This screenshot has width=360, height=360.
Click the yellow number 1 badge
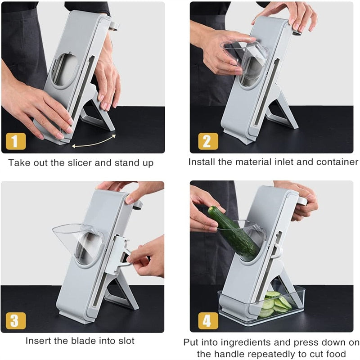point(15,141)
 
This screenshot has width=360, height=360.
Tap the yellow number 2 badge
point(207,141)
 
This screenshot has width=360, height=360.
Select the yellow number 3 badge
point(15,321)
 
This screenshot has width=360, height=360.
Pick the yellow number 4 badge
point(207,321)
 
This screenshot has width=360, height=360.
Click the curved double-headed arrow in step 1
point(94,140)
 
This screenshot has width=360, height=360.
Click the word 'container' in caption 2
point(336,162)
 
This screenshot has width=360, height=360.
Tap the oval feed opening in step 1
point(66,70)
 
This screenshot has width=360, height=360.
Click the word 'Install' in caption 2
point(201,162)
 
